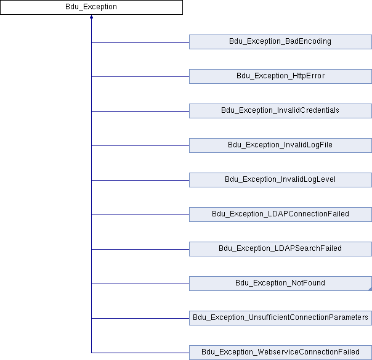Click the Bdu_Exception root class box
[91, 7]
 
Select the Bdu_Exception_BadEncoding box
[280, 42]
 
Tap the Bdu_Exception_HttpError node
[280, 76]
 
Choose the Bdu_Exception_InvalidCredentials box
[280, 111]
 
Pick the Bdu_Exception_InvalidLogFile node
[280, 145]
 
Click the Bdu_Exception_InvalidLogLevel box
[280, 180]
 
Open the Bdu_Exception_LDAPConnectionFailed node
[280, 215]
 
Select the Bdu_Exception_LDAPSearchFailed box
[280, 249]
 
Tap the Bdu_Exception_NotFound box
[280, 284]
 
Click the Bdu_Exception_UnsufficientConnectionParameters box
[280, 318]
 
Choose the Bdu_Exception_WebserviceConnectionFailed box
[280, 353]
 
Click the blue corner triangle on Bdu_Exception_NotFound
[369, 288]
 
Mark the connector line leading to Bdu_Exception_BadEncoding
[140, 42]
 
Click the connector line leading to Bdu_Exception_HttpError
[140, 76]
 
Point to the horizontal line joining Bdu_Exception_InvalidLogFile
[140, 145]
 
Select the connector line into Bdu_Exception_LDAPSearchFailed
[140, 249]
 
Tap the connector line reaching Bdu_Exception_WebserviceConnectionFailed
[140, 353]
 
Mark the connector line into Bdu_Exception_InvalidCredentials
[140, 111]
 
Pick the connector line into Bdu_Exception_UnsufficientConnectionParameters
[140, 318]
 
